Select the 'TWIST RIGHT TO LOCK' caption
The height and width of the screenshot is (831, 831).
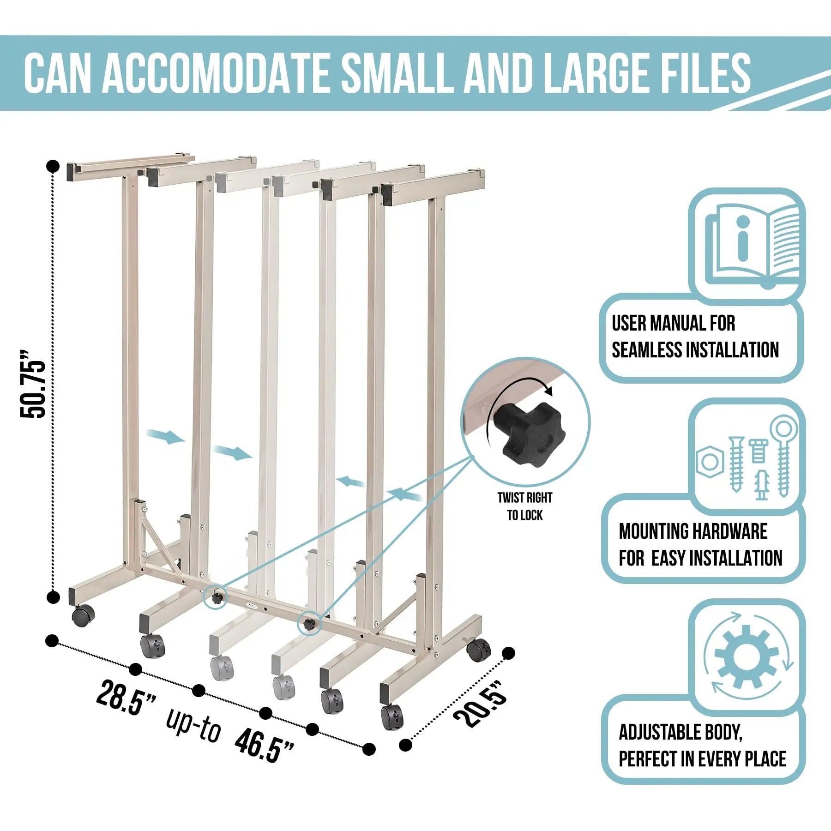tap(525, 506)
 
